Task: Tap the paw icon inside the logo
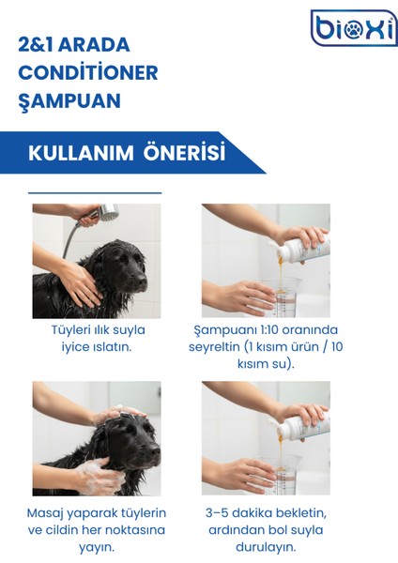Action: [x=354, y=30]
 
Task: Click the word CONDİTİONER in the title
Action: [x=88, y=73]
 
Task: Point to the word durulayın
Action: [x=266, y=546]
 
